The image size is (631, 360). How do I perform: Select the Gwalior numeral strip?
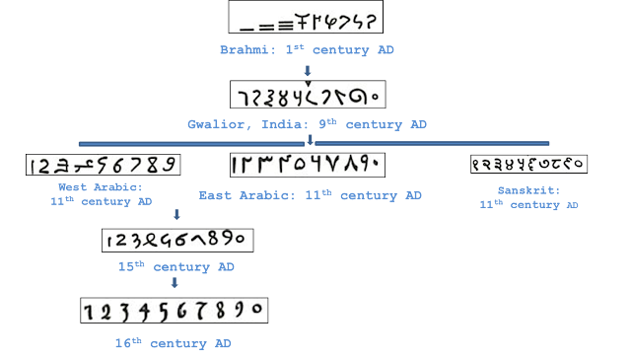306,95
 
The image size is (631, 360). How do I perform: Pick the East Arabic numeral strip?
307,164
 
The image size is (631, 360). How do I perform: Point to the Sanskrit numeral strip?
527,165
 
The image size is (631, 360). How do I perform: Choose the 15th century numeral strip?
176,240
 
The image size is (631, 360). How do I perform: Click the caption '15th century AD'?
175,267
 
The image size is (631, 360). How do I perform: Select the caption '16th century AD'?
174,343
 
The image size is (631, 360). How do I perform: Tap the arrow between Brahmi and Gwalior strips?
307,70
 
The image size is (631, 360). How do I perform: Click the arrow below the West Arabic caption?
175,214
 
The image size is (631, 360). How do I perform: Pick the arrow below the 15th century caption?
175,284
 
